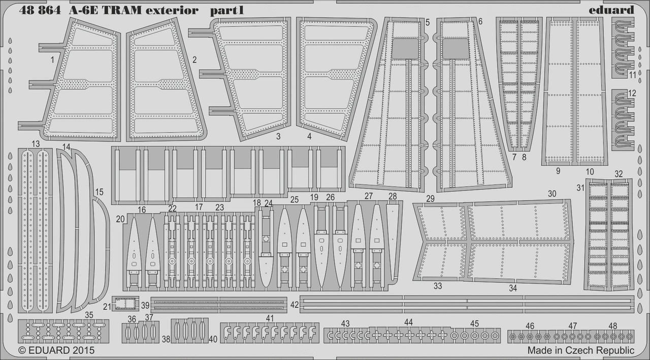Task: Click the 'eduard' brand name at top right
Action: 612,10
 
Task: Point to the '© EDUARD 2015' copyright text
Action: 56,350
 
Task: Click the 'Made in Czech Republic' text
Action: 580,350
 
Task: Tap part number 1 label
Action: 52,60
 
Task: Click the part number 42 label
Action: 295,305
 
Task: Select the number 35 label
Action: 89,315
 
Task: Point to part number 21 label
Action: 107,306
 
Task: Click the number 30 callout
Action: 552,193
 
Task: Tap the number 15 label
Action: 99,192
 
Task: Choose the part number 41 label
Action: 270,318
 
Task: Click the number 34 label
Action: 513,288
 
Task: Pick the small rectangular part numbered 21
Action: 125,304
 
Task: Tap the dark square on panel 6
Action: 456,48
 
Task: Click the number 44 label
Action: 408,322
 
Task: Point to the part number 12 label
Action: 632,93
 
